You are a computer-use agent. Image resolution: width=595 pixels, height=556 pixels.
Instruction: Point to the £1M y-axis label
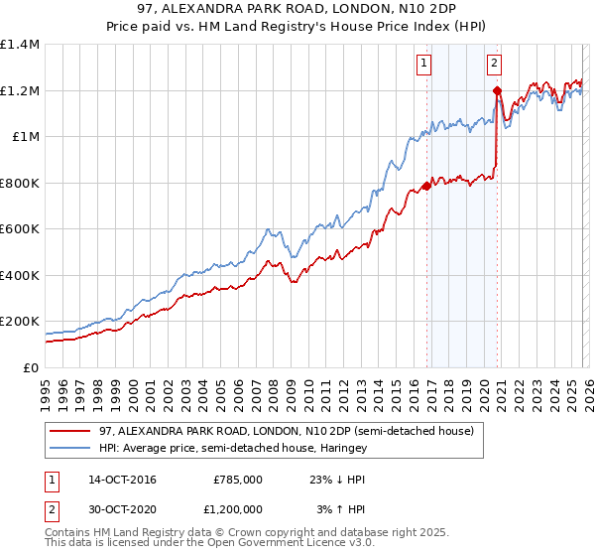25,137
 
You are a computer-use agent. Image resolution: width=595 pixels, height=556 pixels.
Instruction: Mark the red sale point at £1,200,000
496,90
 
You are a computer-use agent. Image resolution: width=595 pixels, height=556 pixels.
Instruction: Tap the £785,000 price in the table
237,480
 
